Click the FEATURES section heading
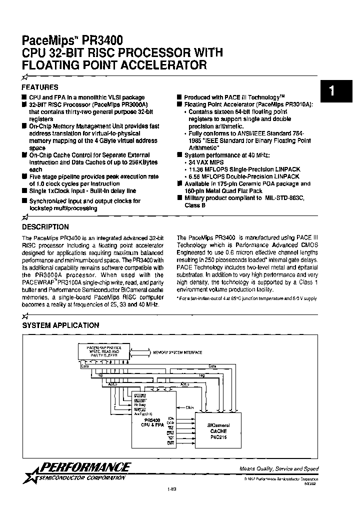40,87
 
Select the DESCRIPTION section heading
45,226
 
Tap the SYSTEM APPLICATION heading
60,325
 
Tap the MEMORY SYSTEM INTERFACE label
177,352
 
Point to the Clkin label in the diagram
189,407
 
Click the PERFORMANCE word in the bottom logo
84,467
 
